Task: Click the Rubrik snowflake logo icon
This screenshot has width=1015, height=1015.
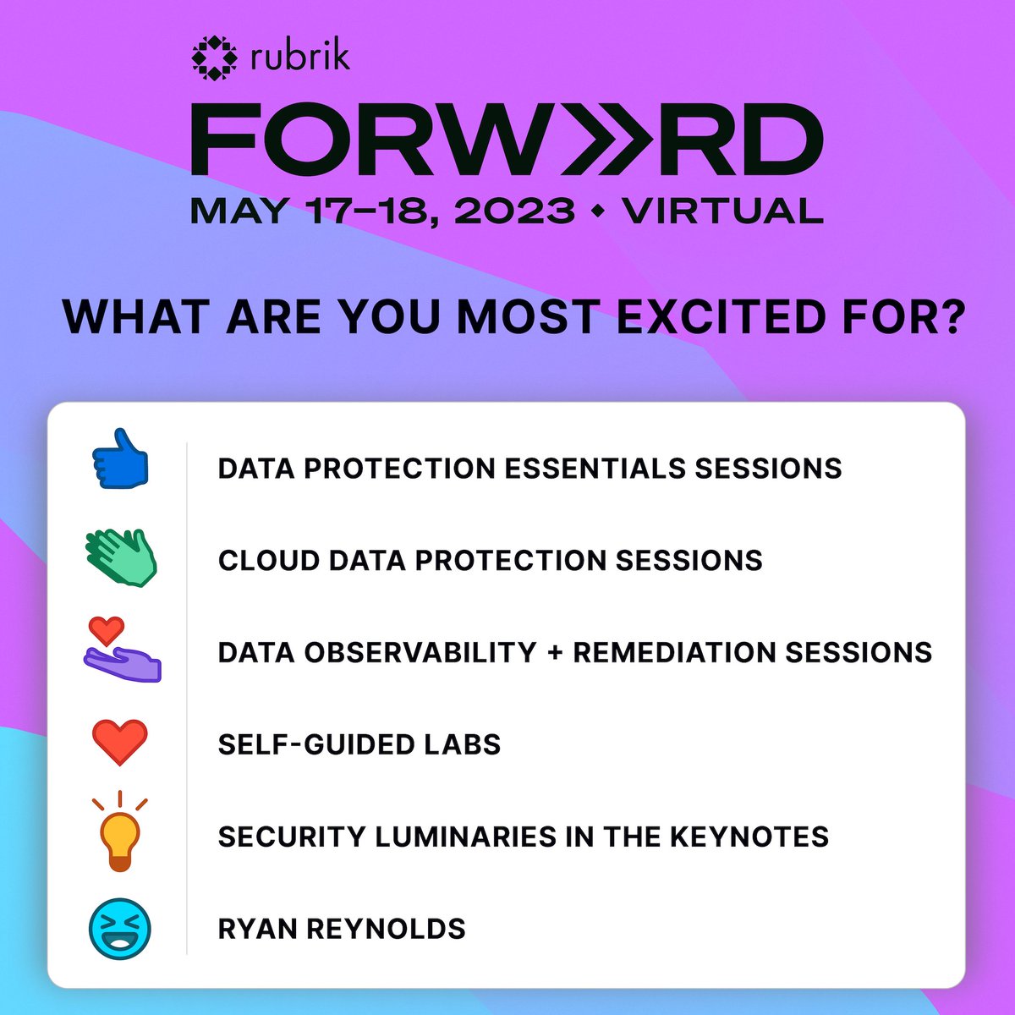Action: [215, 58]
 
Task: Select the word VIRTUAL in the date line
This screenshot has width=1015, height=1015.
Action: [722, 211]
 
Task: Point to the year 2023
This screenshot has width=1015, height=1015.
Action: [515, 211]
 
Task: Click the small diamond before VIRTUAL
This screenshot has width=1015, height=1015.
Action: [599, 211]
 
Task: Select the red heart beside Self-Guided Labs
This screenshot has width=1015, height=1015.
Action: [120, 743]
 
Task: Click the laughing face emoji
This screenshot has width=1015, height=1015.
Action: [120, 928]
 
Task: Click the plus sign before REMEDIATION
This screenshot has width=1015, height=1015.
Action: [555, 652]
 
